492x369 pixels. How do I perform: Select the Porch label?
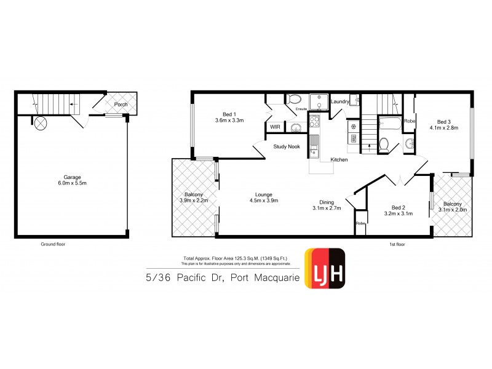pos(121,105)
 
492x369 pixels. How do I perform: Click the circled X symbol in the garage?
pos(41,123)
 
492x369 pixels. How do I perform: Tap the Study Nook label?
pos(287,146)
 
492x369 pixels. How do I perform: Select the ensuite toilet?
pos(294,100)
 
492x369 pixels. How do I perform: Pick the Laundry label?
pos(340,102)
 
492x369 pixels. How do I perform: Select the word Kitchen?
pos(339,160)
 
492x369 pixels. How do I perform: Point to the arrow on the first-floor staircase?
pos(369,146)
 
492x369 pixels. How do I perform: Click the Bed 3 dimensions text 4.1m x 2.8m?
pos(444,129)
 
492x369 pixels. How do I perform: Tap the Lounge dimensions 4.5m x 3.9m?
pos(264,200)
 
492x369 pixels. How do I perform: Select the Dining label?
pos(327,202)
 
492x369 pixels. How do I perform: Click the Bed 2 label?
pos(398,207)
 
